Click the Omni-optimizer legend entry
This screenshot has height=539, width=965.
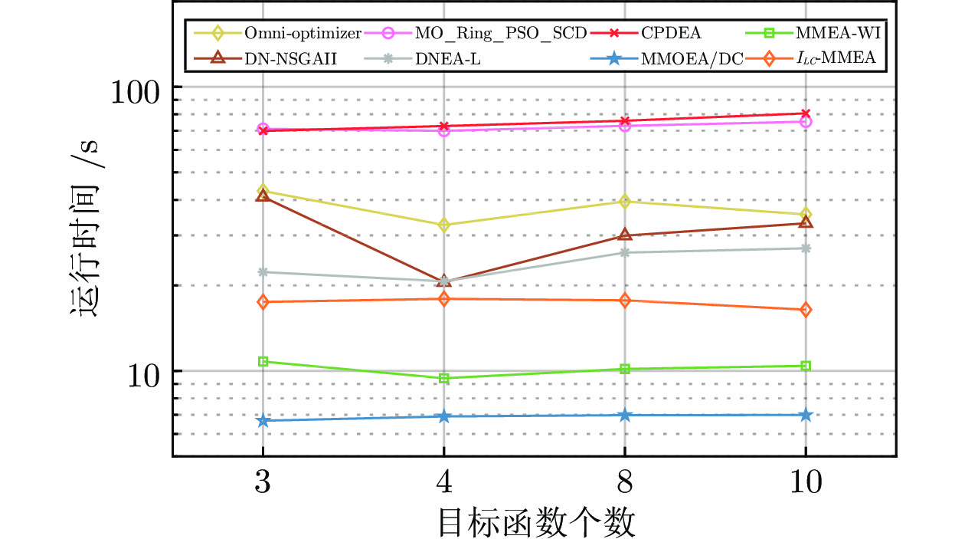[303, 33]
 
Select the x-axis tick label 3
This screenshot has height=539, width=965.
[263, 485]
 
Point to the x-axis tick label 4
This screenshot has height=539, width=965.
[443, 485]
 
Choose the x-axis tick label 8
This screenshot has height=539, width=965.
[625, 485]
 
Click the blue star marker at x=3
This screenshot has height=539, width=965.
[263, 420]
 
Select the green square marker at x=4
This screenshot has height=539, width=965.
[443, 378]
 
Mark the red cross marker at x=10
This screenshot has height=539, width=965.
[806, 113]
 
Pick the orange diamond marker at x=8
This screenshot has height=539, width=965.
[625, 301]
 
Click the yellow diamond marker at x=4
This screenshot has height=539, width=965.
[443, 225]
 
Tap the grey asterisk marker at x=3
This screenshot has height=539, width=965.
[263, 271]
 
